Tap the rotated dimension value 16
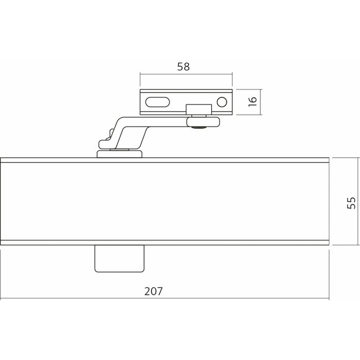(252, 101)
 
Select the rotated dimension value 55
(351, 201)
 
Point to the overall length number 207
(153, 291)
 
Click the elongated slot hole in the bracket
(157, 101)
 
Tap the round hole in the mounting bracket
(222, 101)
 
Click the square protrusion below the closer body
(119, 258)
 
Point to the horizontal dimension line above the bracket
(186, 75)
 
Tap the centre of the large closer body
(165, 201)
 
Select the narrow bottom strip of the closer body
(165, 242)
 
